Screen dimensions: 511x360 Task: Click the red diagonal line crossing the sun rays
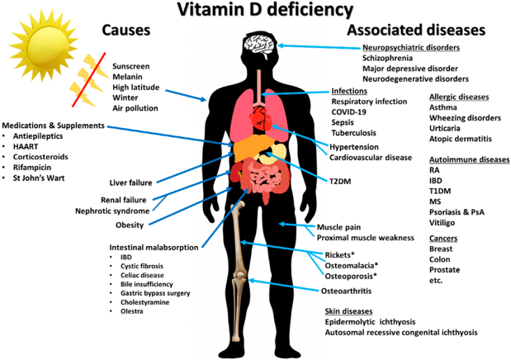point(89,79)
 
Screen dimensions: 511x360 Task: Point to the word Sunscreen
point(131,67)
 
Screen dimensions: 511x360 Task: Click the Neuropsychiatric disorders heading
point(411,48)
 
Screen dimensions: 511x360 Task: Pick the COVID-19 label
point(348,112)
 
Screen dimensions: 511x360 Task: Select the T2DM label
point(340,182)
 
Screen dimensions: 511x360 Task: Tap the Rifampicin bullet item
point(32,168)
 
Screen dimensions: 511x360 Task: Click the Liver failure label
point(130,183)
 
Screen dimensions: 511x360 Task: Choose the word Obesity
point(130,225)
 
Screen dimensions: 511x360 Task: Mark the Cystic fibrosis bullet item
point(142,267)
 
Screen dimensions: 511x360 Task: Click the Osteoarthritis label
point(346,291)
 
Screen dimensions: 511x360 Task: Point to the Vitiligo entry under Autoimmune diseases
point(442,223)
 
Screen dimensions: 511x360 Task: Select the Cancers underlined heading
point(443,239)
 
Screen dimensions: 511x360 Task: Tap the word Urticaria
point(444,129)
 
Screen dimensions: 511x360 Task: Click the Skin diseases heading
point(348,311)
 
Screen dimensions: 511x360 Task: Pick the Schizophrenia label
point(387,59)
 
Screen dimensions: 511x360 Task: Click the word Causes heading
point(126,31)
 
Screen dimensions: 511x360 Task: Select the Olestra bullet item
point(131,311)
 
